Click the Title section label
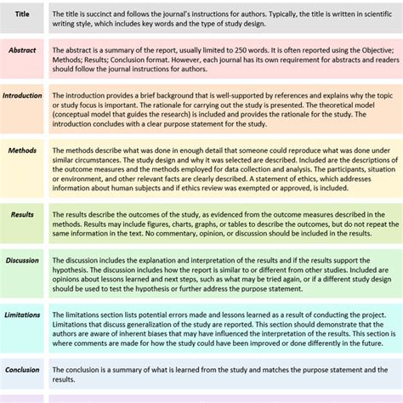point(22,14)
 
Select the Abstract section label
point(22,51)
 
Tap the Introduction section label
point(22,96)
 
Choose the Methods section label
point(22,150)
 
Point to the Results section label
point(22,215)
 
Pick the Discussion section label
point(22,260)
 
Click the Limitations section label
point(22,315)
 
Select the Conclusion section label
point(22,370)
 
